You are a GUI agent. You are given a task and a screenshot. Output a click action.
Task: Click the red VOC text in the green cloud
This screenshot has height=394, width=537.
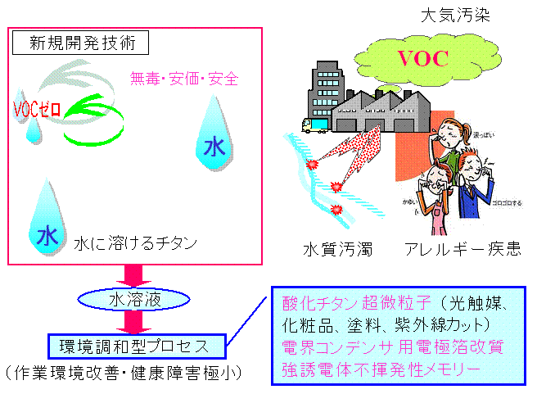click(x=422, y=59)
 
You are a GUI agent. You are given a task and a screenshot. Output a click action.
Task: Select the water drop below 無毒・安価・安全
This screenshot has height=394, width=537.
click(x=214, y=134)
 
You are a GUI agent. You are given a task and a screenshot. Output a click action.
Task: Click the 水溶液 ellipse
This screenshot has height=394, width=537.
click(x=129, y=300)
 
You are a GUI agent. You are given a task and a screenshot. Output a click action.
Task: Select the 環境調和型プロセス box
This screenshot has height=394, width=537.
click(x=136, y=346)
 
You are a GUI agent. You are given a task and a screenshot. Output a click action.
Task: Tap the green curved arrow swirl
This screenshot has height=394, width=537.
click(x=90, y=119)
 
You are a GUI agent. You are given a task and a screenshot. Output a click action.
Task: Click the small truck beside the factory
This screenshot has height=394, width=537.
click(x=314, y=124)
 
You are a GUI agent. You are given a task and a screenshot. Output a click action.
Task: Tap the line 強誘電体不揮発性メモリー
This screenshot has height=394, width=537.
click(x=381, y=370)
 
